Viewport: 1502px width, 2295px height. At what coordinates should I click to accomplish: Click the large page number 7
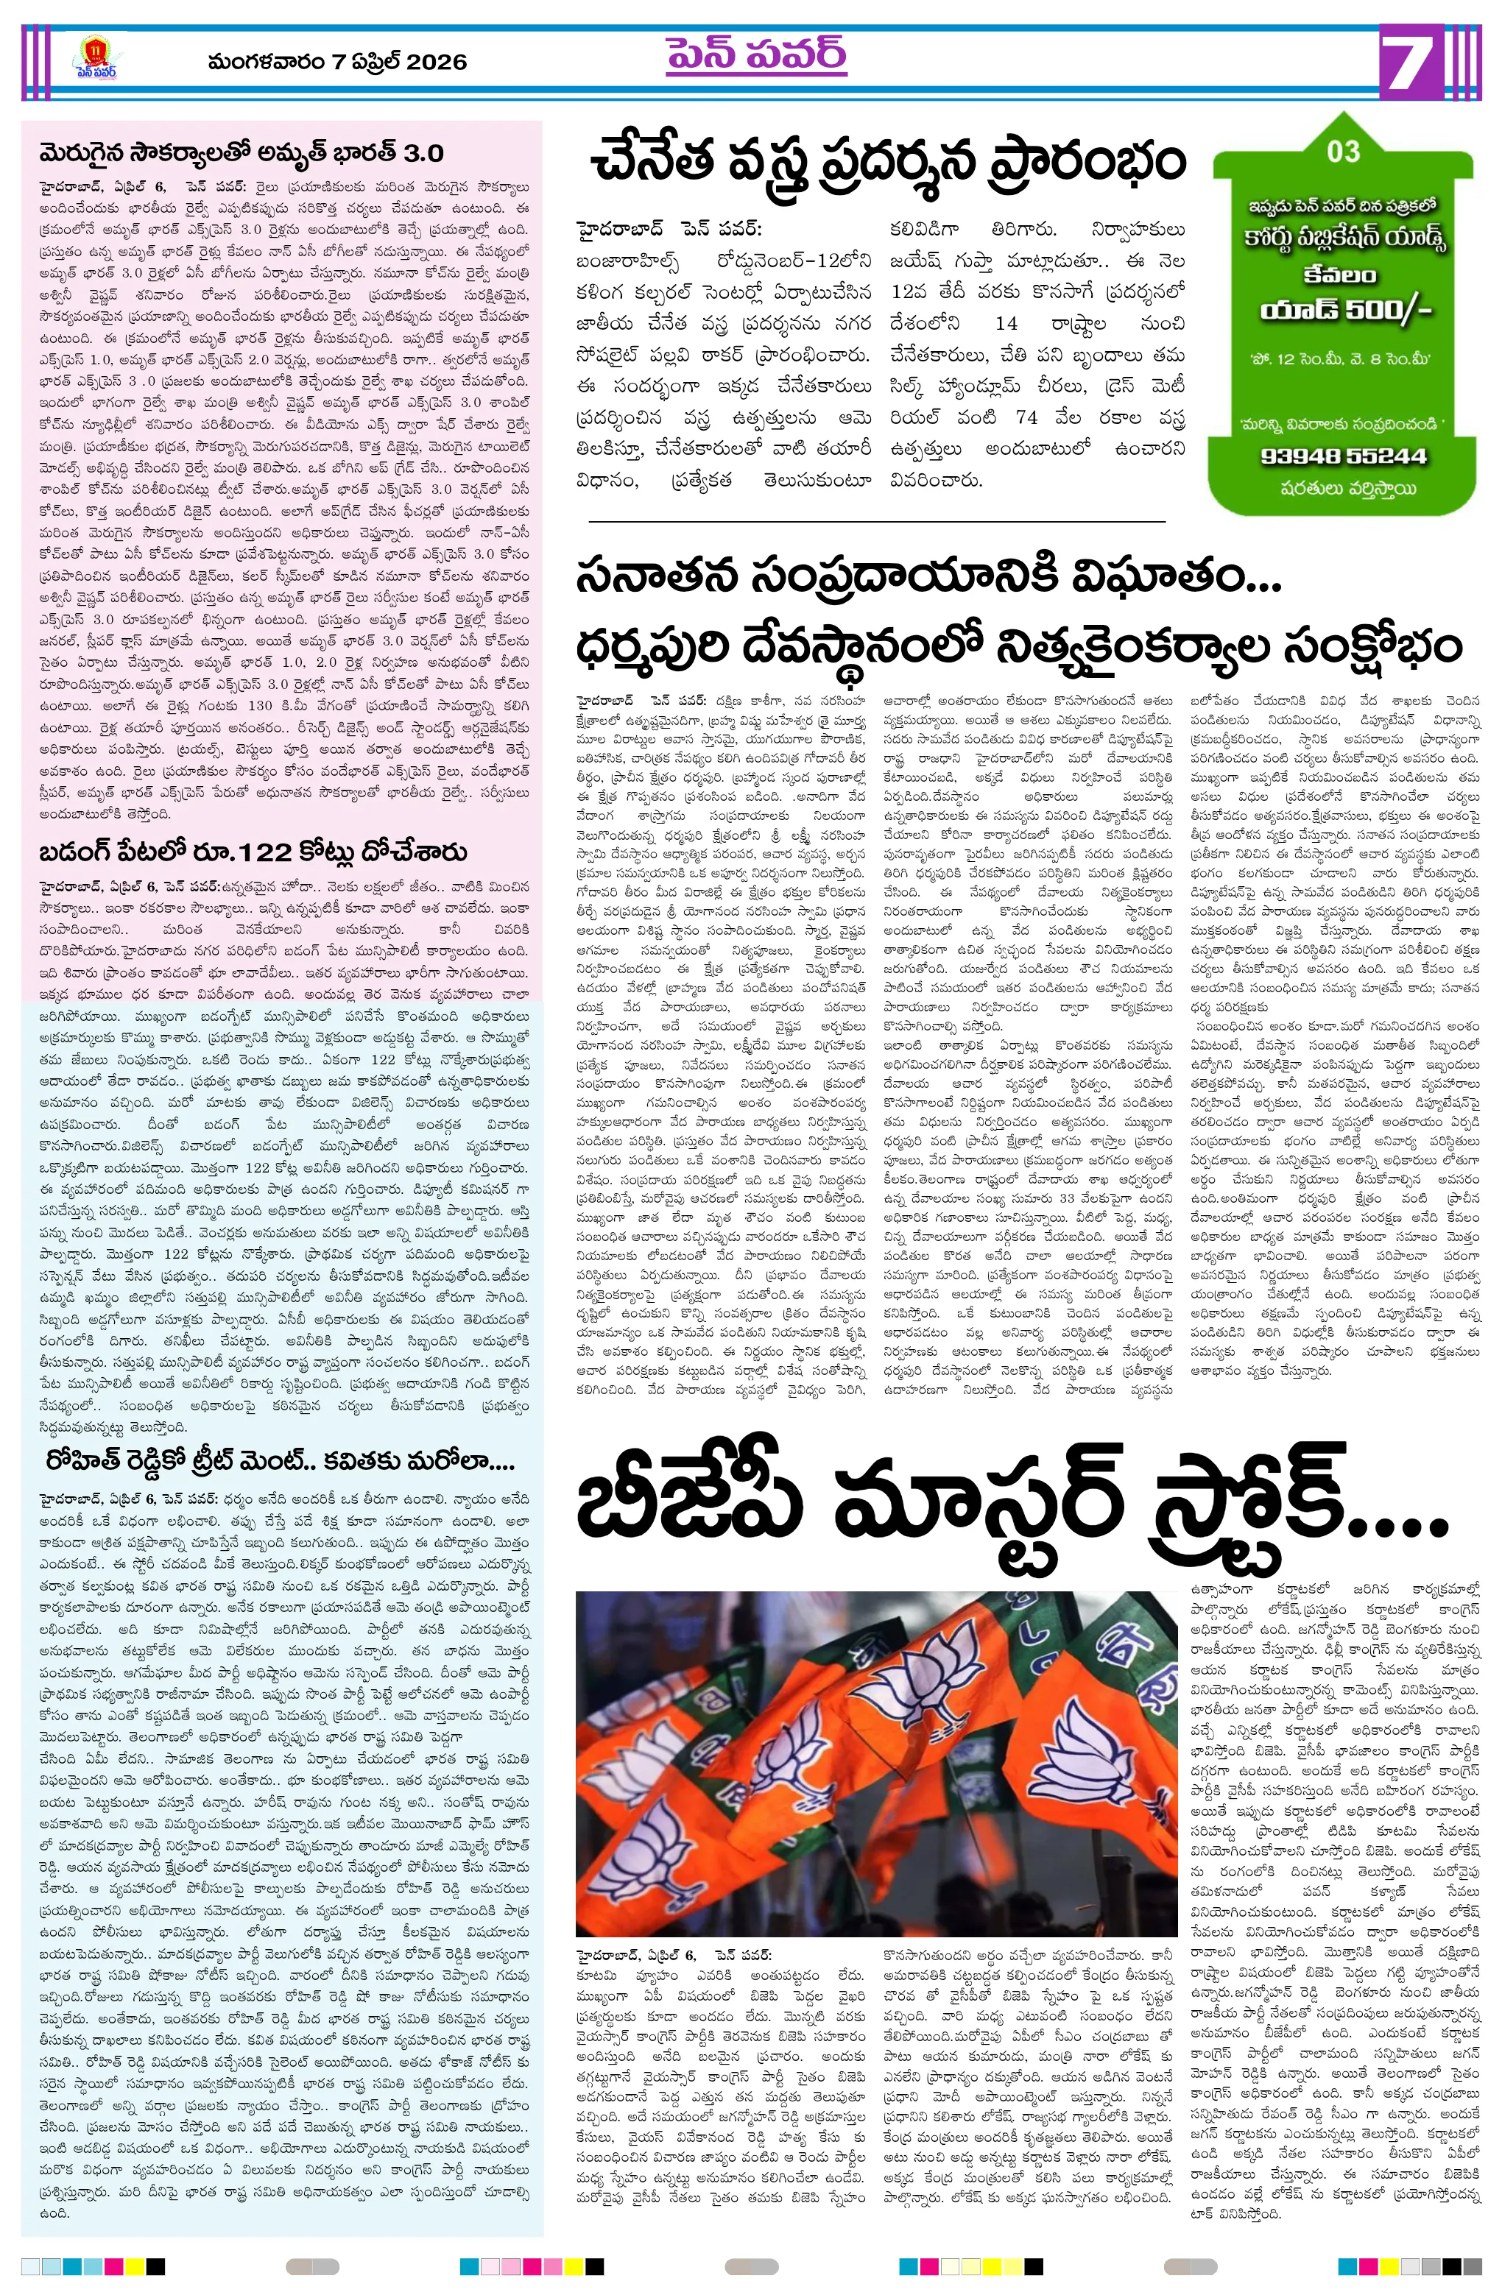[1411, 63]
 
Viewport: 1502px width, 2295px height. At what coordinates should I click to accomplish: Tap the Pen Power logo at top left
[94, 60]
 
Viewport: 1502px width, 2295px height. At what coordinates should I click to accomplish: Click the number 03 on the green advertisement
[1343, 152]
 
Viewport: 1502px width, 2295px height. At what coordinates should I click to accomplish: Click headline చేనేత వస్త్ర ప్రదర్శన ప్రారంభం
[887, 162]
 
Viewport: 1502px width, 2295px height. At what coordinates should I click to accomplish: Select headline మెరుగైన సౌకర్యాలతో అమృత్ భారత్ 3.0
[241, 153]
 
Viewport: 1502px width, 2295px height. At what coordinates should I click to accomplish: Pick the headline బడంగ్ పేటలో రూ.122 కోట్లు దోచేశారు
[253, 852]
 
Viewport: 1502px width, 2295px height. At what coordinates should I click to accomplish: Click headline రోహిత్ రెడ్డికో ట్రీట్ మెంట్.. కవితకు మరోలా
[280, 1461]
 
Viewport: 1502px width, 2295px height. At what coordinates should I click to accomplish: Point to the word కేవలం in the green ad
[1340, 274]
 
